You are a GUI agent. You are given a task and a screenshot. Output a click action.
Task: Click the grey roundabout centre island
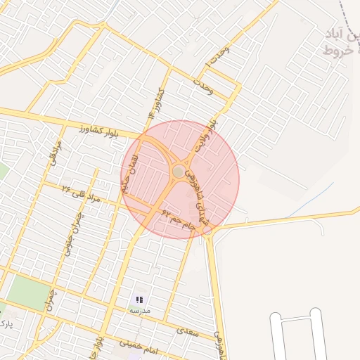click(179, 172)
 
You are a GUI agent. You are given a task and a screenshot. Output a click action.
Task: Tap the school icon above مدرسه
click(139, 300)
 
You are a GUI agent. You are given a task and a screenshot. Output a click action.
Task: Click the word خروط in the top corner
click(337, 50)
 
